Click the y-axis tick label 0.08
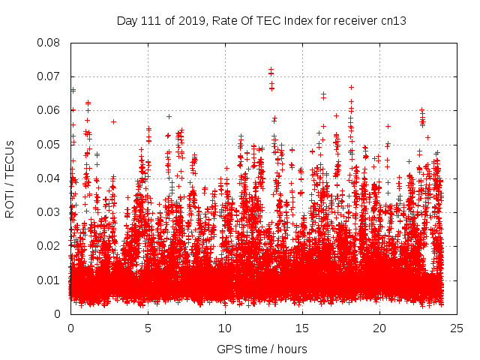[49, 43]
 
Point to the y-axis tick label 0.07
[49, 76]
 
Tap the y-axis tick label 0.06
[49, 110]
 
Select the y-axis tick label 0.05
[49, 144]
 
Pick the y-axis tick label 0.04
[49, 178]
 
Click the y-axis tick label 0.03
[49, 212]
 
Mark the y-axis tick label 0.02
[49, 246]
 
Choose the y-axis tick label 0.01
[49, 280]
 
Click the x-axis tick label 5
[148, 328]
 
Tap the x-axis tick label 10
[225, 328]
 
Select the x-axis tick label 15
[302, 328]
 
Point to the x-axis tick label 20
[379, 328]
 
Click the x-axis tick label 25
[457, 328]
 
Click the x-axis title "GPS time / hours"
[262, 349]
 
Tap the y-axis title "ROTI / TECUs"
[10, 178]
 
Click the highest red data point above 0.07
[271, 69]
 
